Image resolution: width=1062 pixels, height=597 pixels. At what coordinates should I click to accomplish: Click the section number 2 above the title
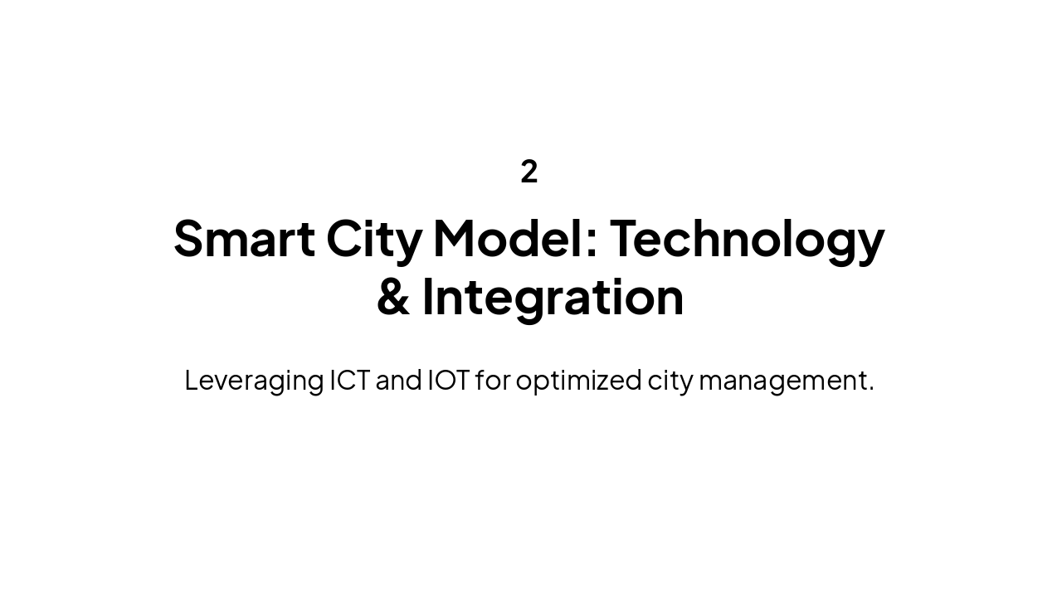pos(529,172)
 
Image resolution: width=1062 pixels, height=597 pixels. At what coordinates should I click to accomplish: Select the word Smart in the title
pos(244,238)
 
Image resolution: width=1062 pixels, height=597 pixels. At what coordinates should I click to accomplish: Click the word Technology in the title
pos(747,240)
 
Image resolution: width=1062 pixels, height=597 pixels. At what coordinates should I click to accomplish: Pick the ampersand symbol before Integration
pos(393,298)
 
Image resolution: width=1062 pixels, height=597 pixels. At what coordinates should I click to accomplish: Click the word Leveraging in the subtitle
pos(254,381)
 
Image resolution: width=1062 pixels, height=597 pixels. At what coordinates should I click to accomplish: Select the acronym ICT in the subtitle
pos(350,380)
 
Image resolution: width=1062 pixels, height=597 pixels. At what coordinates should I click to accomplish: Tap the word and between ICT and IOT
pos(399,380)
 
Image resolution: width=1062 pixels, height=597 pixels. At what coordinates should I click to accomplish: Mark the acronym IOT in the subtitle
pos(448,380)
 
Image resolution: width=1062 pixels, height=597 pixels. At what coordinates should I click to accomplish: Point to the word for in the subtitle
pos(492,380)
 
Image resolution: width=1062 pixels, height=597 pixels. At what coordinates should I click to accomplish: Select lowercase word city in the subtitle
pos(670,381)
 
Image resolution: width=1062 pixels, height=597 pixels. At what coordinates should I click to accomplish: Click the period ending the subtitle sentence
pos(871,389)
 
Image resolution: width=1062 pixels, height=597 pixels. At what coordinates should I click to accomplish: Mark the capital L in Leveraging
pos(191,380)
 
